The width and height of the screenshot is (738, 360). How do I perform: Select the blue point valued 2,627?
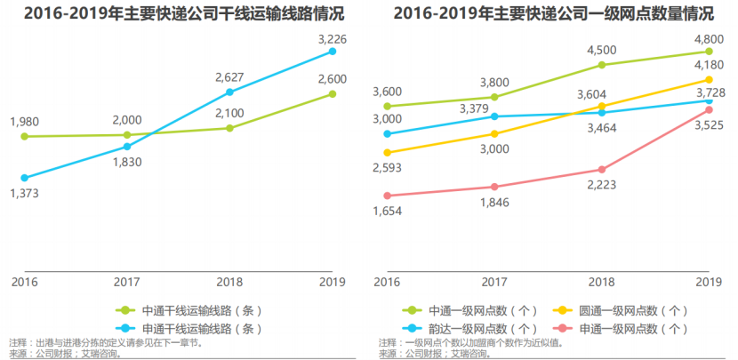coord(229,92)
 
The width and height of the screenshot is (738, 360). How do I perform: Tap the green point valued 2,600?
coord(333,93)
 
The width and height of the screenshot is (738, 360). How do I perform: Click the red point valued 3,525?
coord(709,109)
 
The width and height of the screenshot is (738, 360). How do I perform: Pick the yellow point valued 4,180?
coord(709,79)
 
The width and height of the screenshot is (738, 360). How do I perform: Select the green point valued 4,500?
coord(602,65)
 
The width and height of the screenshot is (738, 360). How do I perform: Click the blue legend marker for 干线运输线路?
coord(126,327)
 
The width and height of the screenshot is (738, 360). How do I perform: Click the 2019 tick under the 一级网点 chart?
coord(709,282)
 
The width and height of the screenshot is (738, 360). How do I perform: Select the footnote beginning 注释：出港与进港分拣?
coord(106,342)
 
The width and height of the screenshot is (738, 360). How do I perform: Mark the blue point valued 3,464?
coord(602,112)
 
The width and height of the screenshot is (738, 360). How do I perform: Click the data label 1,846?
coord(494,204)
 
